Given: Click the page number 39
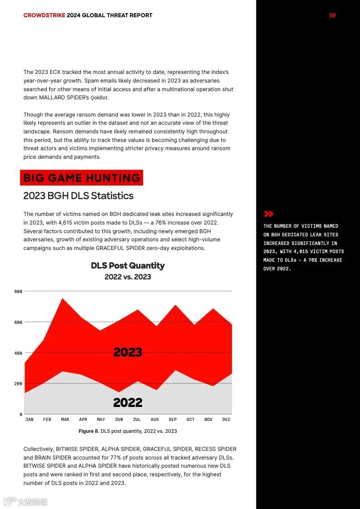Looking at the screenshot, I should [332, 15].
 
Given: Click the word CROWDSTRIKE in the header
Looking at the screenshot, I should [44, 15].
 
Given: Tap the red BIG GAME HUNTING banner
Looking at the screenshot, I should [81, 178].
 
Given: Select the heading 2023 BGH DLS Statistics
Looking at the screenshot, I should [79, 196].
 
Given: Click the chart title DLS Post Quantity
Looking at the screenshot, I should [128, 265].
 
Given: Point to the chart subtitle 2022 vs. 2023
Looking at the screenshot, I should [128, 277].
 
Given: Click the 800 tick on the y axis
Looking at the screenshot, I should [18, 291].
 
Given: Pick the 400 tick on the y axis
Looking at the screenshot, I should [18, 353].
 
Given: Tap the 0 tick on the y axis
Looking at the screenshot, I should [20, 414].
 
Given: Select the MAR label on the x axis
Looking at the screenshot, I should [65, 420].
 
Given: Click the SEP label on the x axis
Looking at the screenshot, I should [173, 420].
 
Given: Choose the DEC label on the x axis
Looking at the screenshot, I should [227, 420].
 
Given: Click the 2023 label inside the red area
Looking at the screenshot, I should [128, 352].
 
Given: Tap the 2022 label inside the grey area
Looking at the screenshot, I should [128, 402].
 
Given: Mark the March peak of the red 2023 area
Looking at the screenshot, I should [62, 299].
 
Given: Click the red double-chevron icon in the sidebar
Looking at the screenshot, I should [269, 214].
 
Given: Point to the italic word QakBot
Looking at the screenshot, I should [99, 98].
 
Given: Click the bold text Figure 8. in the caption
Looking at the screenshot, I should [89, 431].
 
